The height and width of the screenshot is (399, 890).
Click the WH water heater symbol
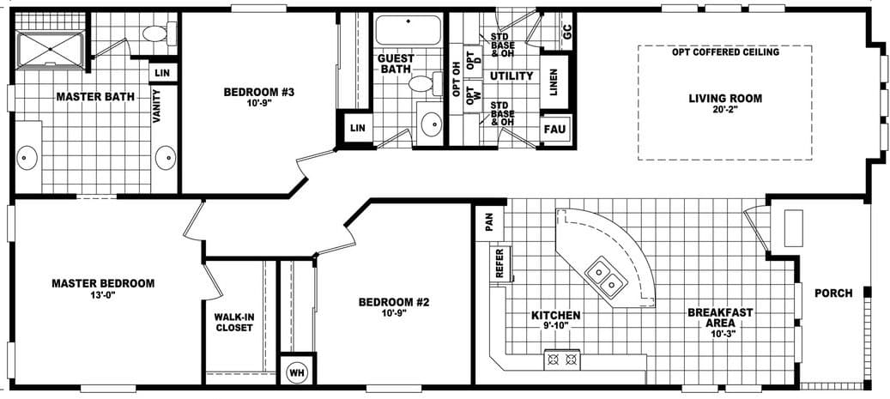tap(296, 372)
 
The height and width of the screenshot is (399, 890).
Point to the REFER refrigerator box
tap(499, 263)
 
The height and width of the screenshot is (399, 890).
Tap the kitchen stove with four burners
tap(562, 360)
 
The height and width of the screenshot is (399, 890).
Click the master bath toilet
tap(155, 33)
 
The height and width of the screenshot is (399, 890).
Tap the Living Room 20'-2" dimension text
tap(725, 110)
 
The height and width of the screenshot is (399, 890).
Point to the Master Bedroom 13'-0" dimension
tap(102, 295)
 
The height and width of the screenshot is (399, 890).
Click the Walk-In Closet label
tap(233, 322)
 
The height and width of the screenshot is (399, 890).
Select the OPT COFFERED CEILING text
tap(725, 52)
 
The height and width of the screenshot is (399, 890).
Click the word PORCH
tap(833, 293)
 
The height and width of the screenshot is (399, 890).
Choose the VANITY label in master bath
tap(158, 106)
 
